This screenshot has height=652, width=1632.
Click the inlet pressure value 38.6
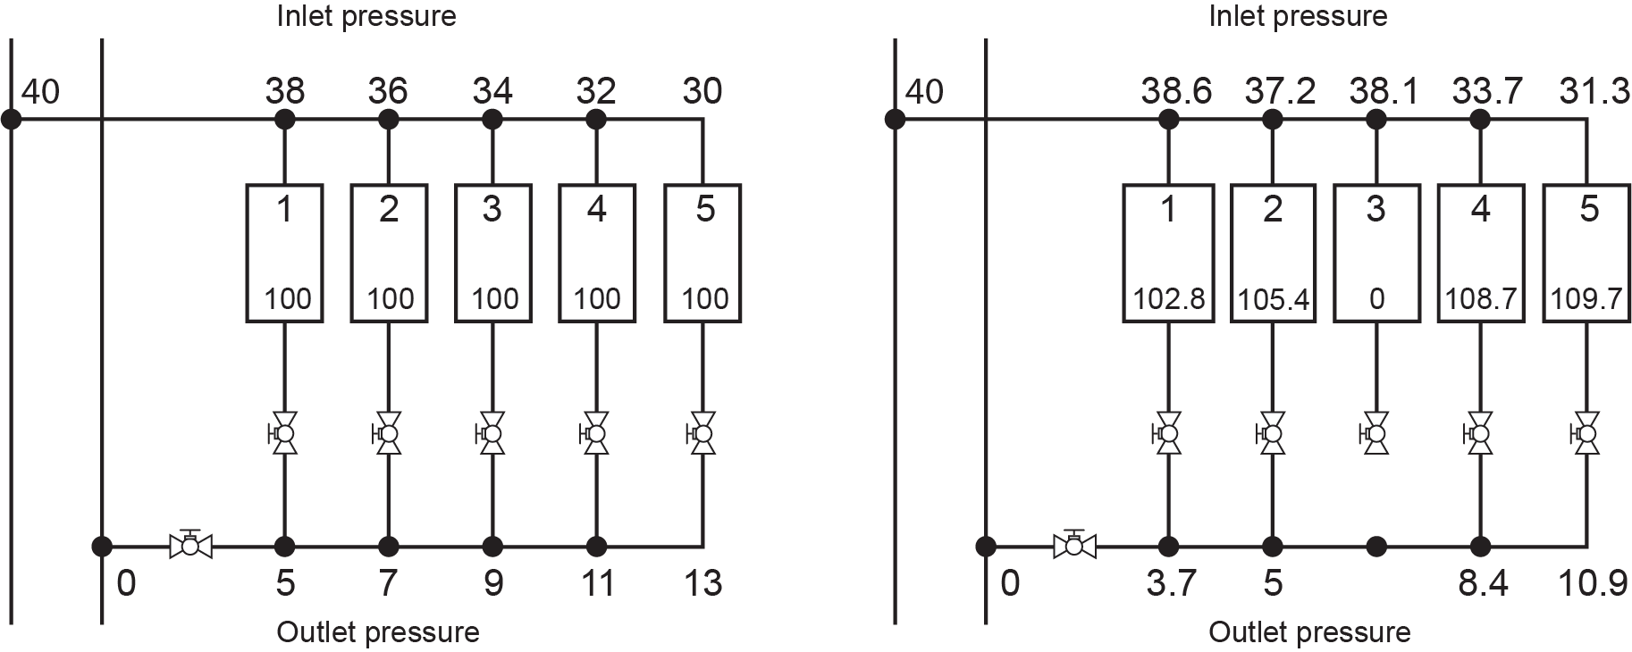pos(1175,91)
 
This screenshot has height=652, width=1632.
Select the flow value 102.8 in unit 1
pos(1168,298)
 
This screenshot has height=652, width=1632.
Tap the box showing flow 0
pos(1376,253)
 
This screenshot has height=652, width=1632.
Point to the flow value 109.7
pos(1586,298)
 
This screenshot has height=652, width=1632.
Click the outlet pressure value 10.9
pos(1593,583)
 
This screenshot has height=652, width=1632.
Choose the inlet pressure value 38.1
pos(1383,91)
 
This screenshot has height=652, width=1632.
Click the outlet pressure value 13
pos(702,583)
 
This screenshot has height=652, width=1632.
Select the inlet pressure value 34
pos(492,91)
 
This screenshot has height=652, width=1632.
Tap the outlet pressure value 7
pos(388,583)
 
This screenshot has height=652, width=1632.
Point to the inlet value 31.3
pos(1594,91)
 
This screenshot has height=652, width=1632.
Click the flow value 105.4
pos(1274,299)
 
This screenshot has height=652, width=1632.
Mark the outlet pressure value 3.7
pos(1171,583)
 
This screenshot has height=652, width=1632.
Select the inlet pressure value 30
pos(702,91)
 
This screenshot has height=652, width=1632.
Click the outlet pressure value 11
pos(597,583)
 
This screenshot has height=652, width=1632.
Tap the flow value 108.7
pos(1481,298)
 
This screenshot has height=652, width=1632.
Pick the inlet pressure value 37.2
pos(1279,91)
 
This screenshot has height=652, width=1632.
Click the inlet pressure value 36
pos(388,91)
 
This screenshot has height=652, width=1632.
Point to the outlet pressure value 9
pos(492,583)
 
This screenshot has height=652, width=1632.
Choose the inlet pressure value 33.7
pos(1487,91)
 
